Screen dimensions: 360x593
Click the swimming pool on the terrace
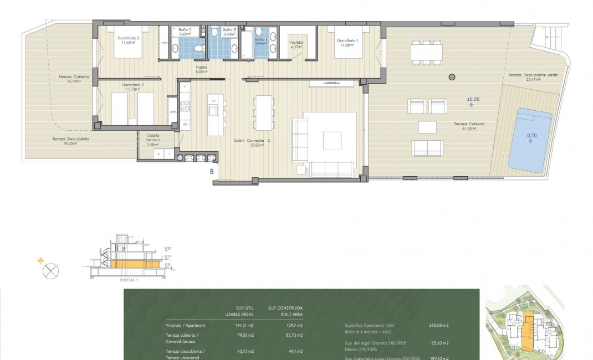click(x=530, y=140)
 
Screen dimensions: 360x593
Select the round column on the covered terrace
click(x=451, y=77)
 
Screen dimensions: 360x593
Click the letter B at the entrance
click(x=212, y=172)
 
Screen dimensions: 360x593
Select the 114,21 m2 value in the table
click(x=244, y=326)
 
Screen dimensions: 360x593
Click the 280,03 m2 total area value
click(x=438, y=326)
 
